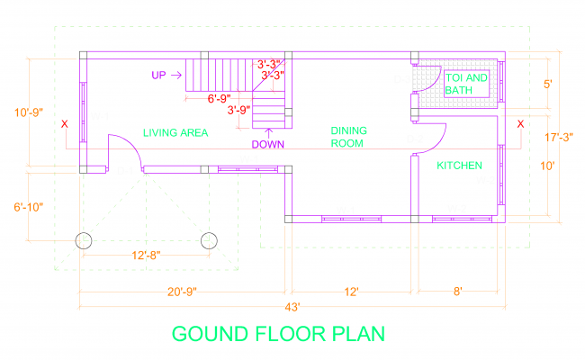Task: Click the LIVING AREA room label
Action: [x=175, y=133]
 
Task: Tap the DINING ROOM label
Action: [x=347, y=136]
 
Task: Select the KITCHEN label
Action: [x=460, y=166]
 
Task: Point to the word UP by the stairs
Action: [x=158, y=76]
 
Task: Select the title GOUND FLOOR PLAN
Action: [x=278, y=334]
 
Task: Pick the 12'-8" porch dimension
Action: [x=146, y=256]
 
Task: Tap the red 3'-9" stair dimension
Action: [x=238, y=111]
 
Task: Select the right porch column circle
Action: [x=210, y=240]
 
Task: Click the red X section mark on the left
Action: [x=64, y=124]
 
